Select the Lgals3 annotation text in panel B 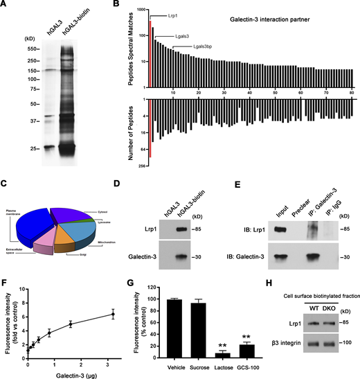tap(166, 33)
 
